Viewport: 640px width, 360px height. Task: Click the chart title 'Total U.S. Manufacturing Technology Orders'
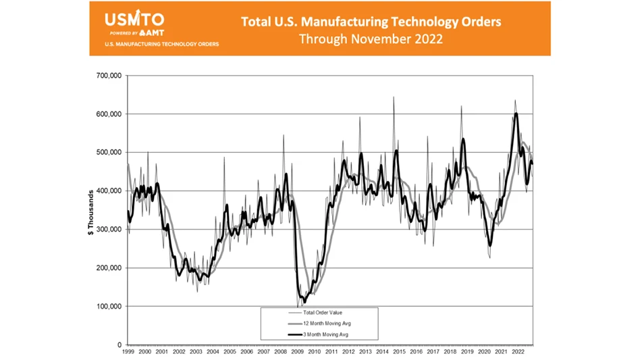371,22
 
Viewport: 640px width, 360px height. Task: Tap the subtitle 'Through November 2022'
371,39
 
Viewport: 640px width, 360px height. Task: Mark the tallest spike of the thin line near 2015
394,97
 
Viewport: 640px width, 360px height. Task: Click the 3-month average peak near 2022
516,113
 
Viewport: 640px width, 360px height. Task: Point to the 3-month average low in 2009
304,302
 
